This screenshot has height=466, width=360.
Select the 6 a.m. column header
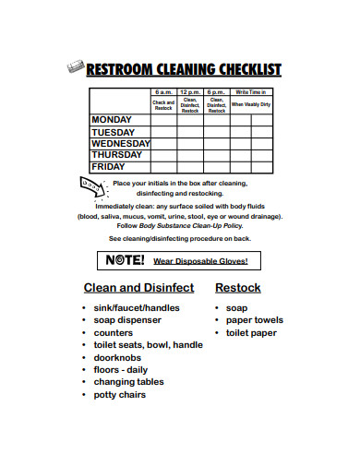(162, 93)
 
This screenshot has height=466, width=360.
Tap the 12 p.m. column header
(190, 93)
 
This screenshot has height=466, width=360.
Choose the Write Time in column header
(250, 93)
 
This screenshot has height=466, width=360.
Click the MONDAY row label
(112, 120)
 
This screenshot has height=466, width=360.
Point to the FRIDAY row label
(108, 167)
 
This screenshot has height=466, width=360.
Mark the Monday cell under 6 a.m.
(162, 120)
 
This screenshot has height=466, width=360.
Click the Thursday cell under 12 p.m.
(190, 155)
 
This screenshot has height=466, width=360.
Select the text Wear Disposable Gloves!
(200, 261)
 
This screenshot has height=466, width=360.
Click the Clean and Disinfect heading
(138, 288)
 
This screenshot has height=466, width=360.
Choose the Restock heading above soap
(238, 288)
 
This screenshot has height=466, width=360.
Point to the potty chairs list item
(120, 395)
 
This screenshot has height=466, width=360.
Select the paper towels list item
(255, 320)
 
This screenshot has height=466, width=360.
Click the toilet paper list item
(251, 332)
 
